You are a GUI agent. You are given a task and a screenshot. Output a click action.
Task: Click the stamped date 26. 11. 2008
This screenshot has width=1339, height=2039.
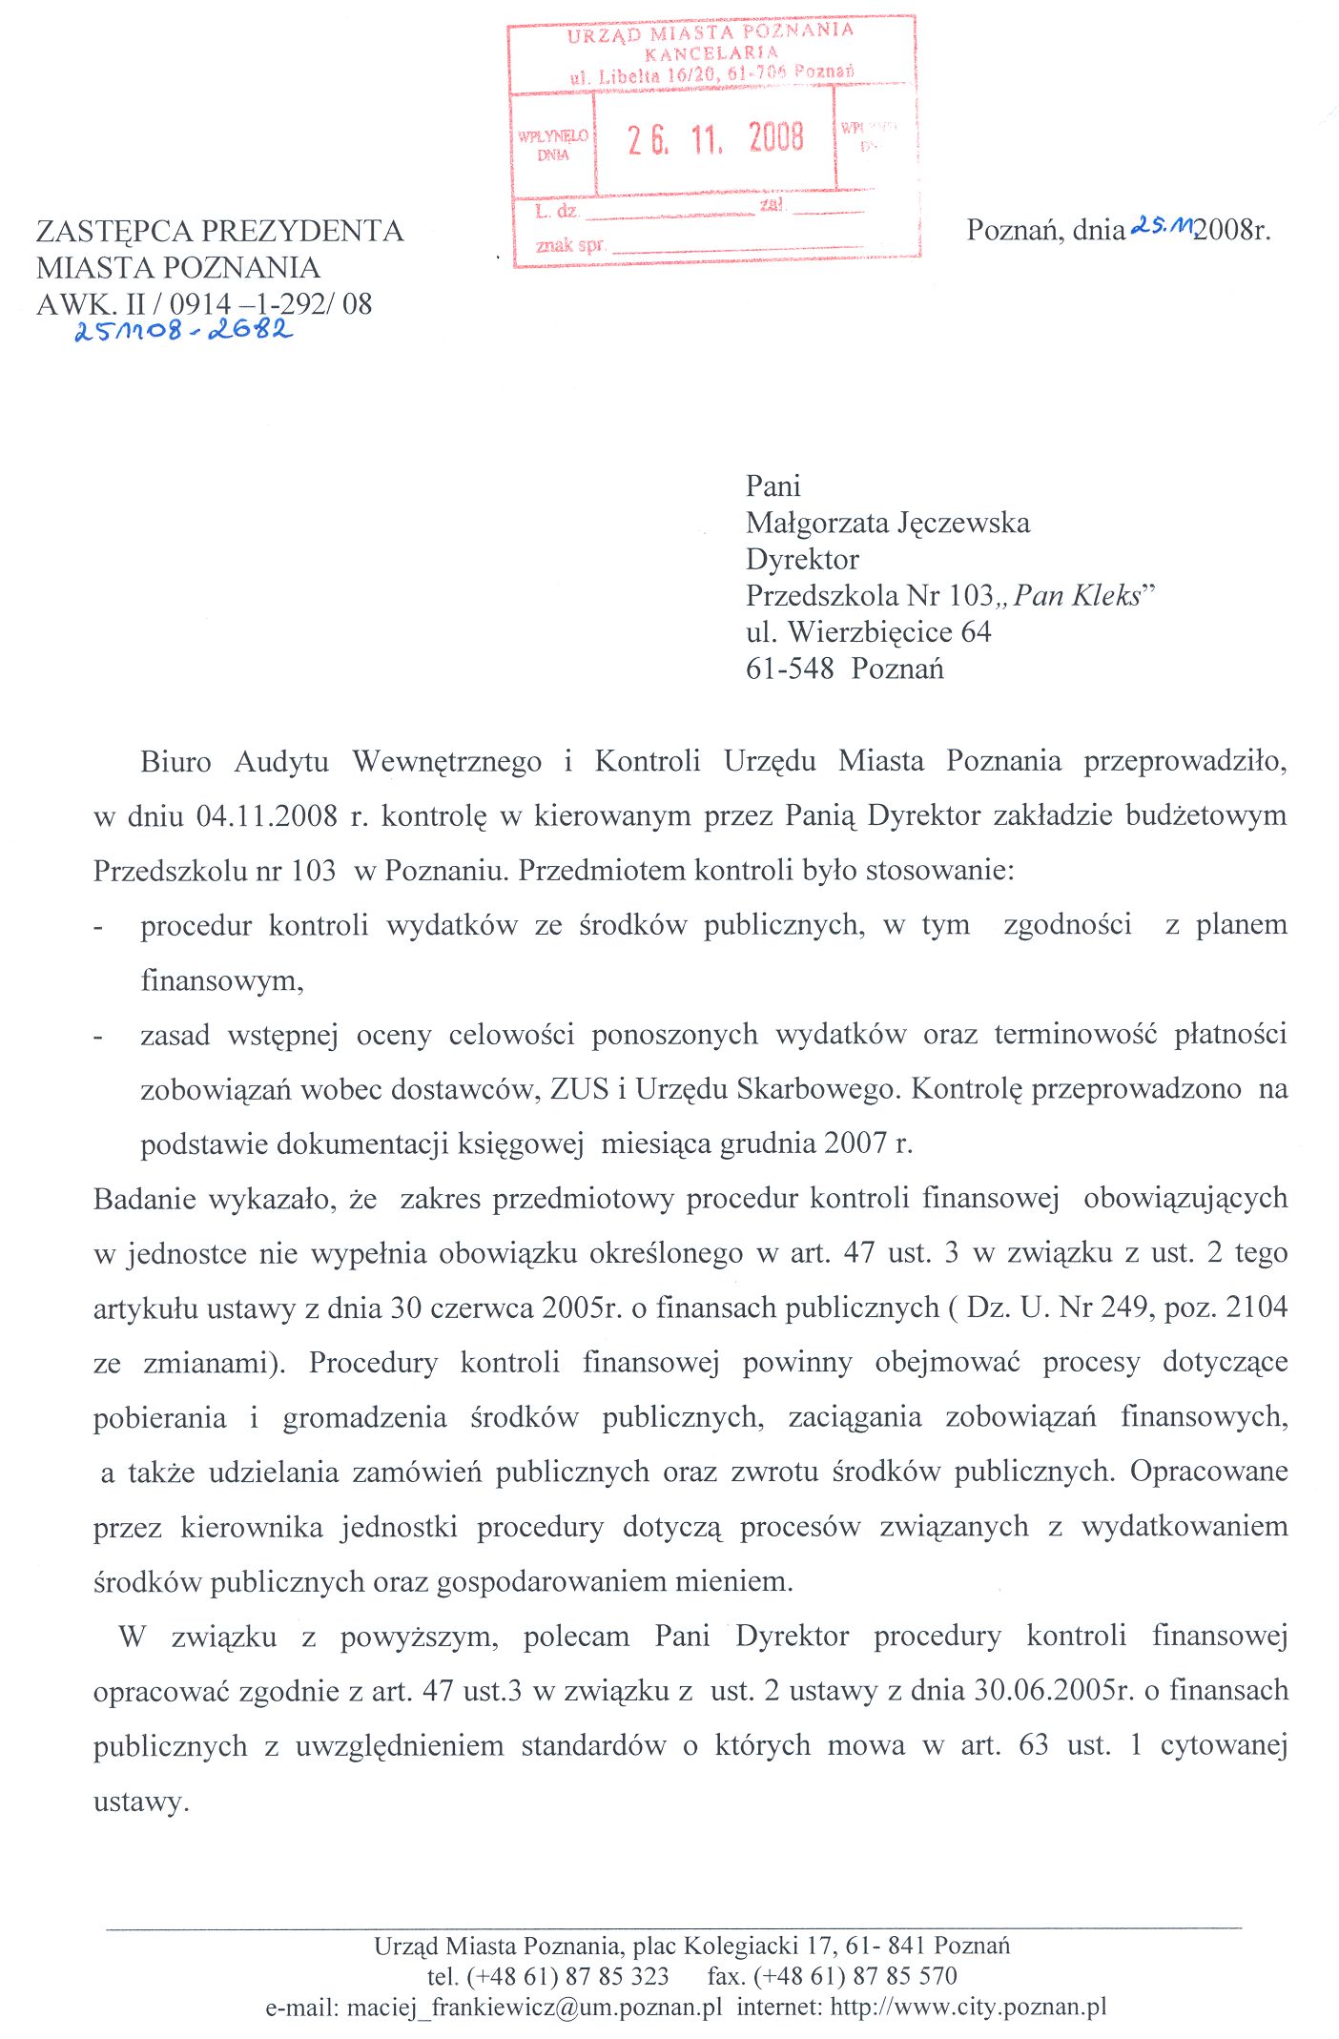715,139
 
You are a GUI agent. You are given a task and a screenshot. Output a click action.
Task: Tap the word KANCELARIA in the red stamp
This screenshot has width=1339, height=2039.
711,53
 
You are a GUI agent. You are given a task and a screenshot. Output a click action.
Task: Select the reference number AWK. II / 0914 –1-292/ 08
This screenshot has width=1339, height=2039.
204,304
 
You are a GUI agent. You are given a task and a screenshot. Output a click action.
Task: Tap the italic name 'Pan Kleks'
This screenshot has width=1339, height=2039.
1078,596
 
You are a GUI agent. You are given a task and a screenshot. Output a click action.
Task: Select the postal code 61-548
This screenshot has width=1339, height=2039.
790,669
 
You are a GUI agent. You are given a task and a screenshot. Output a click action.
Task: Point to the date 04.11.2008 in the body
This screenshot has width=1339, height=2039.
267,816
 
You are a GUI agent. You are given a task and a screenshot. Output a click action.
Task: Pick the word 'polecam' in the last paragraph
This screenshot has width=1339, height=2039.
576,1637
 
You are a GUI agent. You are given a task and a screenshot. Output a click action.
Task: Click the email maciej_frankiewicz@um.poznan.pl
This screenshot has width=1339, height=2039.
534,2007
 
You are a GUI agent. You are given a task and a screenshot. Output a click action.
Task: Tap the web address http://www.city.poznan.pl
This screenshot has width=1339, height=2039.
968,2007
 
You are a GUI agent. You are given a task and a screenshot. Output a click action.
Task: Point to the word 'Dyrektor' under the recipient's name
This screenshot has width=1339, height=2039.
802,560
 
